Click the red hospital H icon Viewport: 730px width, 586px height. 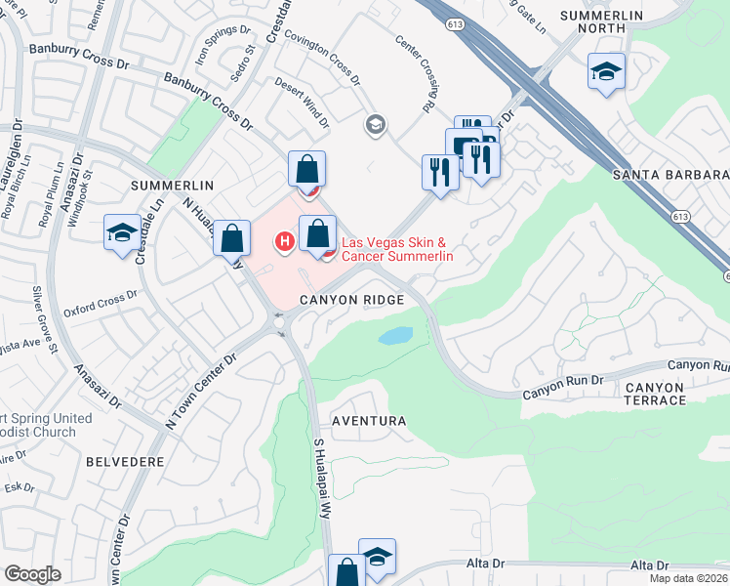[285, 240]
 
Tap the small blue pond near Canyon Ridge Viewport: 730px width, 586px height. [395, 336]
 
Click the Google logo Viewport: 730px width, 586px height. [33, 574]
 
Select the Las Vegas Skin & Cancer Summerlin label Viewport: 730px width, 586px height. [396, 249]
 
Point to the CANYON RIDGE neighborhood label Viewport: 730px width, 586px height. [351, 301]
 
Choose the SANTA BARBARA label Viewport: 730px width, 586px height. [670, 175]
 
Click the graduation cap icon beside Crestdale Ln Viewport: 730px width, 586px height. [122, 232]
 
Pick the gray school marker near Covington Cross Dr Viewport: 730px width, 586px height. [374, 125]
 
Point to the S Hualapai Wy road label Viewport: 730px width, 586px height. [324, 478]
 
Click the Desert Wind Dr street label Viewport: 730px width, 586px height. [302, 104]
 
